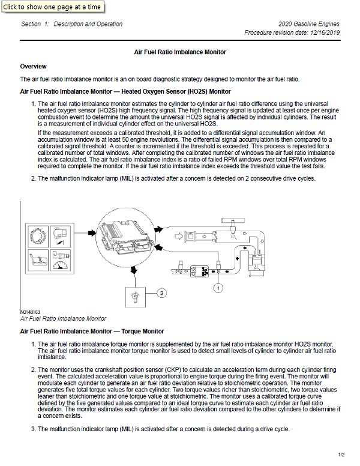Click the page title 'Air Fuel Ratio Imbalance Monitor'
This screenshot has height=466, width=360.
click(x=179, y=52)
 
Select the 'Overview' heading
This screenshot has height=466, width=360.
click(x=34, y=66)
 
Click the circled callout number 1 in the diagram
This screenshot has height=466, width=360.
click(x=220, y=288)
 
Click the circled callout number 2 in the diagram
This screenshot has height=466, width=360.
click(x=161, y=292)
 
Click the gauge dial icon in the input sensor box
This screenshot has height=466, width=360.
click(x=59, y=262)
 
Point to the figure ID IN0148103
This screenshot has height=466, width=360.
click(x=31, y=312)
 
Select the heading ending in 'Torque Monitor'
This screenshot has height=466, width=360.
click(x=92, y=331)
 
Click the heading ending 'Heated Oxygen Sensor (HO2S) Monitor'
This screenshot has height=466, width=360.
click(x=125, y=92)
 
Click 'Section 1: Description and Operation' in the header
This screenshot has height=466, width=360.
click(x=71, y=24)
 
